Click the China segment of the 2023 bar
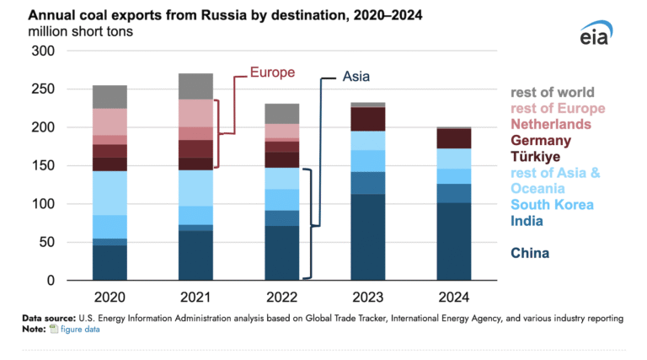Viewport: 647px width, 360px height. [x=368, y=237]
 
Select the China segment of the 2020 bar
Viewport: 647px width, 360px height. [x=110, y=262]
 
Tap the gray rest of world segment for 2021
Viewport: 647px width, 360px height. [x=195, y=86]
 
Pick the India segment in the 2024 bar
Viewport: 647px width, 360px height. [x=453, y=193]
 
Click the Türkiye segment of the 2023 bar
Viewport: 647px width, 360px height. [x=368, y=119]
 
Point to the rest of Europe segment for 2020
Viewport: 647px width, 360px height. [x=110, y=121]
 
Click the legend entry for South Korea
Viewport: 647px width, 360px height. [x=552, y=205]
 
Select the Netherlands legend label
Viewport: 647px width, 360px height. [x=556, y=124]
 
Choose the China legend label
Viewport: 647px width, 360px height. [x=530, y=253]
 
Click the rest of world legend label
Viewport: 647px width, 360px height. [x=553, y=93]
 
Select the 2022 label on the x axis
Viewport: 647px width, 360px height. [x=281, y=298]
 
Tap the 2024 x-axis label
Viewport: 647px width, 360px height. [x=453, y=298]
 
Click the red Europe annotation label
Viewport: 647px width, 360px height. [x=273, y=73]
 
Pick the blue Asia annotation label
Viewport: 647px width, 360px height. [x=356, y=77]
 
